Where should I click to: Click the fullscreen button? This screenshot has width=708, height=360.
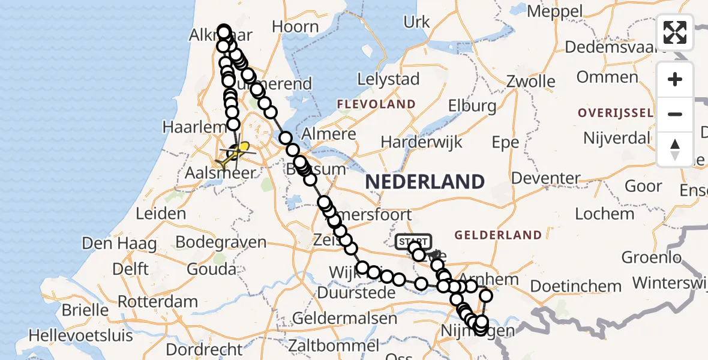675,32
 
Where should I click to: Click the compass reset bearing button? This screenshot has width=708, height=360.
675,149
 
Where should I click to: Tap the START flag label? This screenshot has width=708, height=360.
413,241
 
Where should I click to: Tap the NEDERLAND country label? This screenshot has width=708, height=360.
424,181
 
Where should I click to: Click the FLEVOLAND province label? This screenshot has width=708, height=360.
376,104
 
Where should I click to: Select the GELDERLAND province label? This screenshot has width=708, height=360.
498,235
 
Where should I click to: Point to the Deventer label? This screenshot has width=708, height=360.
545,178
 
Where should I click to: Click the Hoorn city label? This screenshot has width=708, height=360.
295,26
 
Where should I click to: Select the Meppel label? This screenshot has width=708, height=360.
554,11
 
